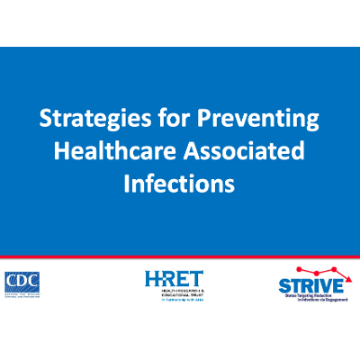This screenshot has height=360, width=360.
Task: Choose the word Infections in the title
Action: coord(180,184)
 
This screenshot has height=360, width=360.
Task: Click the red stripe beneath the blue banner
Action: coord(180,257)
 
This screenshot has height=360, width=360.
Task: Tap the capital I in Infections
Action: coord(127,184)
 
